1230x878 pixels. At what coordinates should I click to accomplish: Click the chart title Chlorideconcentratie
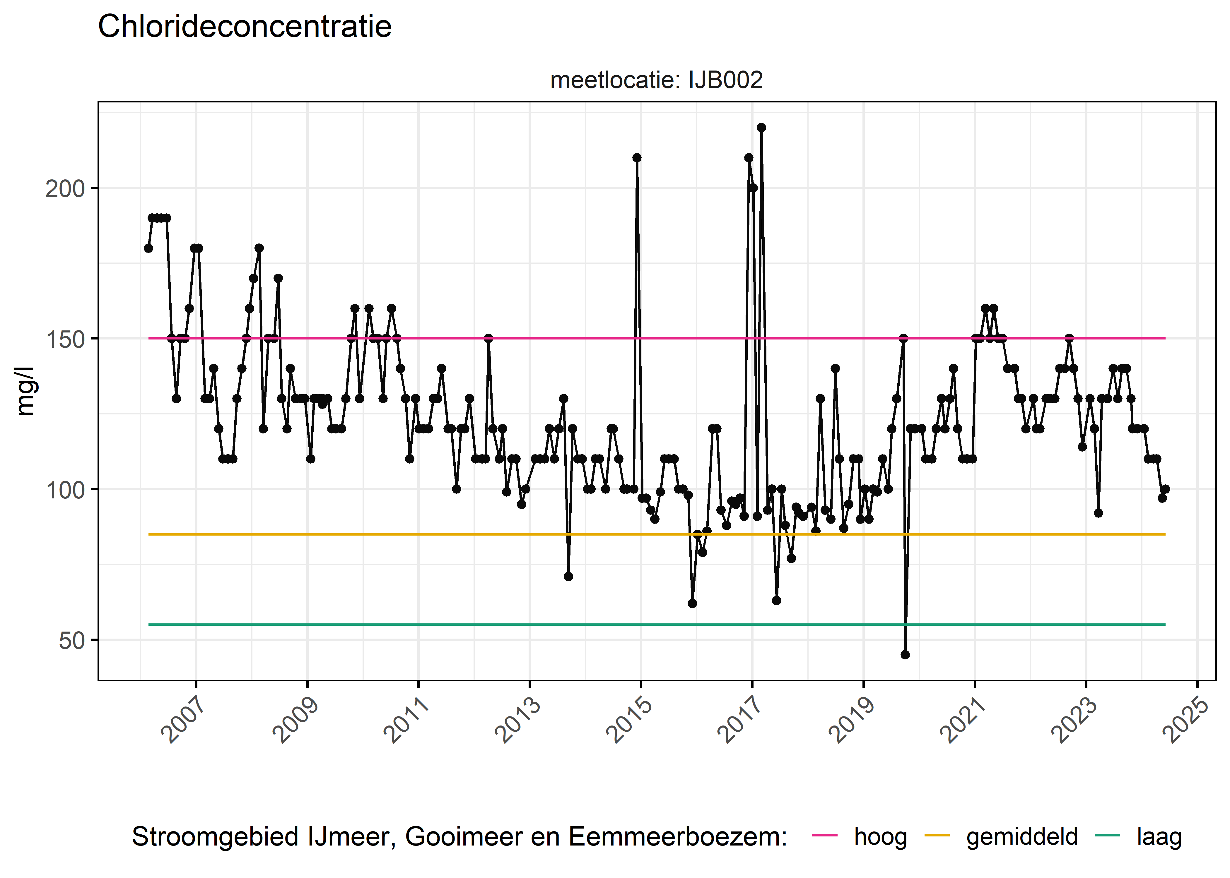tap(245, 27)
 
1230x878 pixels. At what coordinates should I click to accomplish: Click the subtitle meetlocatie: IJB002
tap(656, 80)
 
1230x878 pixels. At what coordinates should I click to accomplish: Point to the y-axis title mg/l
tap(25, 391)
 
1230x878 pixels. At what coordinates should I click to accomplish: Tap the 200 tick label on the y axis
tap(65, 189)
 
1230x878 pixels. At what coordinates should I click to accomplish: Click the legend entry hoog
tap(880, 837)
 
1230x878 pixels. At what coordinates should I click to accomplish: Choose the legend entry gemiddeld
tap(1022, 837)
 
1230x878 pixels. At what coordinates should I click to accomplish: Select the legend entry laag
tap(1159, 837)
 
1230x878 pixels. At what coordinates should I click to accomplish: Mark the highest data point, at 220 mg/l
tap(761, 128)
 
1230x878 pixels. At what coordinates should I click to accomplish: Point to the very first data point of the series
tap(148, 248)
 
